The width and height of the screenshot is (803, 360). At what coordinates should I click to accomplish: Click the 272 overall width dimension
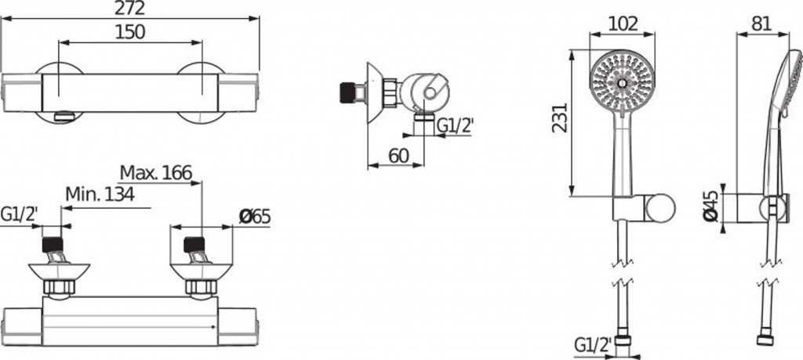(130, 8)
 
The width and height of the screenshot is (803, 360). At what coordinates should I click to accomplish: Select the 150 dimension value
(130, 32)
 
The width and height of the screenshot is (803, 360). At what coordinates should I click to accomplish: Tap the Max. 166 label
(156, 173)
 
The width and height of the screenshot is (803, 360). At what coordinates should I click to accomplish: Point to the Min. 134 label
(100, 194)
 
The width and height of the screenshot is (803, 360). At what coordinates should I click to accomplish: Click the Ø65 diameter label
(255, 217)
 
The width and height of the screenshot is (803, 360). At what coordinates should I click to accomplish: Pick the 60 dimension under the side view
(399, 155)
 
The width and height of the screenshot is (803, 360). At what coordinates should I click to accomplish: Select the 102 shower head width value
(623, 24)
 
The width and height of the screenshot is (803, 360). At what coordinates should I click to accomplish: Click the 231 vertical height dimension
(560, 118)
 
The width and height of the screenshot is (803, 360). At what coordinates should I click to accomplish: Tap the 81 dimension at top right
(762, 24)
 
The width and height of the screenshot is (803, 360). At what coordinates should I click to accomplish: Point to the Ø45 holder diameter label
(710, 206)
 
